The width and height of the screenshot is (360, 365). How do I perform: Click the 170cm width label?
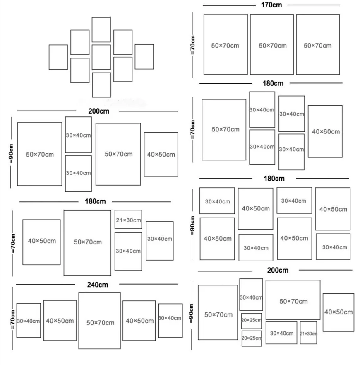point(272,5)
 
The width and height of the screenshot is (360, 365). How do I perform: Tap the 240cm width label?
point(98,285)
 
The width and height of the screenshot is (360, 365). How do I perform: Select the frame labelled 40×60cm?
point(325,131)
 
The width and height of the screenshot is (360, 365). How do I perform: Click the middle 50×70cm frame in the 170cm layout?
point(272,45)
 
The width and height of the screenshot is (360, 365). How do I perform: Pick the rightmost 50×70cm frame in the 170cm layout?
point(317,45)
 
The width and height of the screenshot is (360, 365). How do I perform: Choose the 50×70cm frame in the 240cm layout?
point(99,321)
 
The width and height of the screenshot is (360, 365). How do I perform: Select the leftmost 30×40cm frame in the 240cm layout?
point(28,321)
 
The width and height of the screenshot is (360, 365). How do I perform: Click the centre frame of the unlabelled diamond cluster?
point(101,57)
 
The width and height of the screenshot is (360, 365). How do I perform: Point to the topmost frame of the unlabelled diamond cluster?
point(101,29)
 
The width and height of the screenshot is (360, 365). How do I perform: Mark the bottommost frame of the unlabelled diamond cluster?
point(101,85)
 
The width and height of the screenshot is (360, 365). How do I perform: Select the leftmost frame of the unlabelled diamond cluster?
point(58,57)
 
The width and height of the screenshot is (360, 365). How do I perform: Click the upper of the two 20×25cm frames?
point(252,321)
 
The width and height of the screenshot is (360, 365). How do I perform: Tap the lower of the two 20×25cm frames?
point(252,338)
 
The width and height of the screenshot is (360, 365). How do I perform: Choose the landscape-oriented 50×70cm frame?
point(293,300)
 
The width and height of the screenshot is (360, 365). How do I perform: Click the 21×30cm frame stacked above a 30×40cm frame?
point(128,220)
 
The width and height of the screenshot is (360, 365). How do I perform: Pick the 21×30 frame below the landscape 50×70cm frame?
point(308,333)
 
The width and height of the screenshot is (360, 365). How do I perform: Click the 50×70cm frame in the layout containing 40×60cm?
point(224,129)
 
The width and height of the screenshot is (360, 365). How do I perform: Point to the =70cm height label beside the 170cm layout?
point(193,45)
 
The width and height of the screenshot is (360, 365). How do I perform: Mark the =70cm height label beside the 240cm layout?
point(13,319)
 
